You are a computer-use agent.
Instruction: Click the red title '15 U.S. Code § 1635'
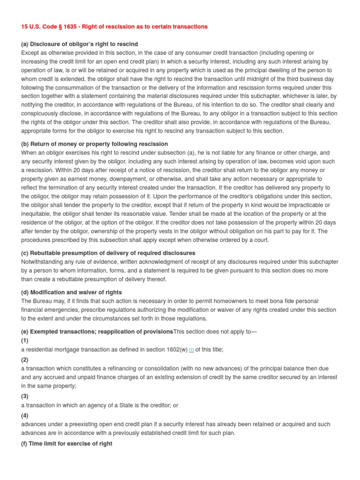[114, 27]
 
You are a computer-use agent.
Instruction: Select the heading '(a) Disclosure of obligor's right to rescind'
[80, 44]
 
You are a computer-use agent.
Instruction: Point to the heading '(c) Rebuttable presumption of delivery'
[108, 254]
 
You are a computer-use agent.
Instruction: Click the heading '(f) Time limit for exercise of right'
[67, 443]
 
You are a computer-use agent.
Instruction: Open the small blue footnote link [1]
[192, 350]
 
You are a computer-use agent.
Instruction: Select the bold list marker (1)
[25, 341]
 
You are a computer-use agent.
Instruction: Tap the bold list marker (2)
[25, 360]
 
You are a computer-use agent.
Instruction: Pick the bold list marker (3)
[25, 396]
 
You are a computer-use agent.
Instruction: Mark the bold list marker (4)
[25, 415]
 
